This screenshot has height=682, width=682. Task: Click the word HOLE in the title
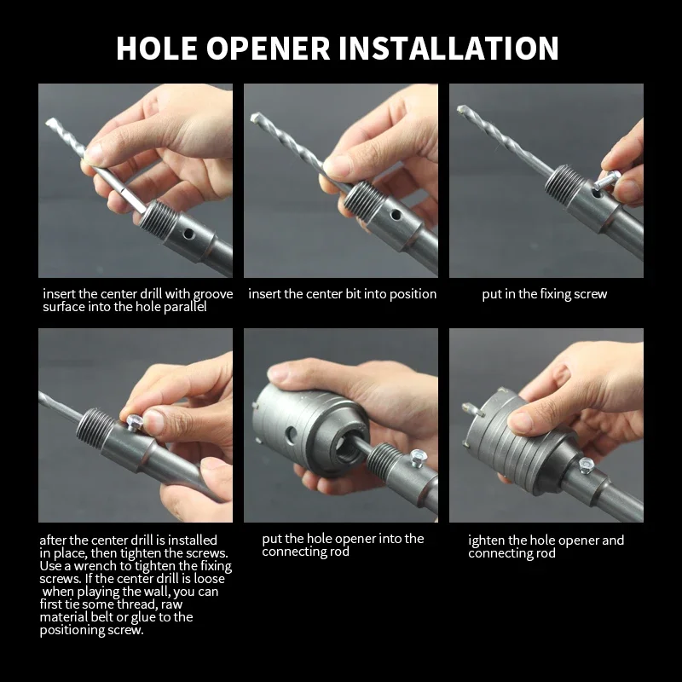click(x=157, y=48)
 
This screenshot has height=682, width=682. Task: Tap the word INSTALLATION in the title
click(x=448, y=48)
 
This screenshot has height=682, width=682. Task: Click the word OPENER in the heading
click(x=268, y=48)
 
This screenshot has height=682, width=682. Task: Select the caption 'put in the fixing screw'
click(x=544, y=294)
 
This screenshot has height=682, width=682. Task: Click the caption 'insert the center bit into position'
click(x=343, y=294)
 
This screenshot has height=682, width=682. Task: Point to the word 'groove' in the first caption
click(x=213, y=295)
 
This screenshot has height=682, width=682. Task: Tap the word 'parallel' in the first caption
click(x=185, y=307)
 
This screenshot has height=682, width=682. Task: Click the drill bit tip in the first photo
click(x=49, y=123)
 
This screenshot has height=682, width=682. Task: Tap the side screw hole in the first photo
click(x=188, y=234)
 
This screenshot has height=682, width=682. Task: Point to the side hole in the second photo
click(x=396, y=215)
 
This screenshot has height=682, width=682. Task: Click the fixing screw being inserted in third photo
click(x=606, y=179)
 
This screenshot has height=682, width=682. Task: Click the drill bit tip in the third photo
click(x=461, y=109)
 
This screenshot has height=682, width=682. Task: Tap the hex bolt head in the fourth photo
click(x=136, y=422)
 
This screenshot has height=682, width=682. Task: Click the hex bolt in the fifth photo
click(x=418, y=459)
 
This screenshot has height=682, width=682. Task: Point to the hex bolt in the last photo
click(x=586, y=465)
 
